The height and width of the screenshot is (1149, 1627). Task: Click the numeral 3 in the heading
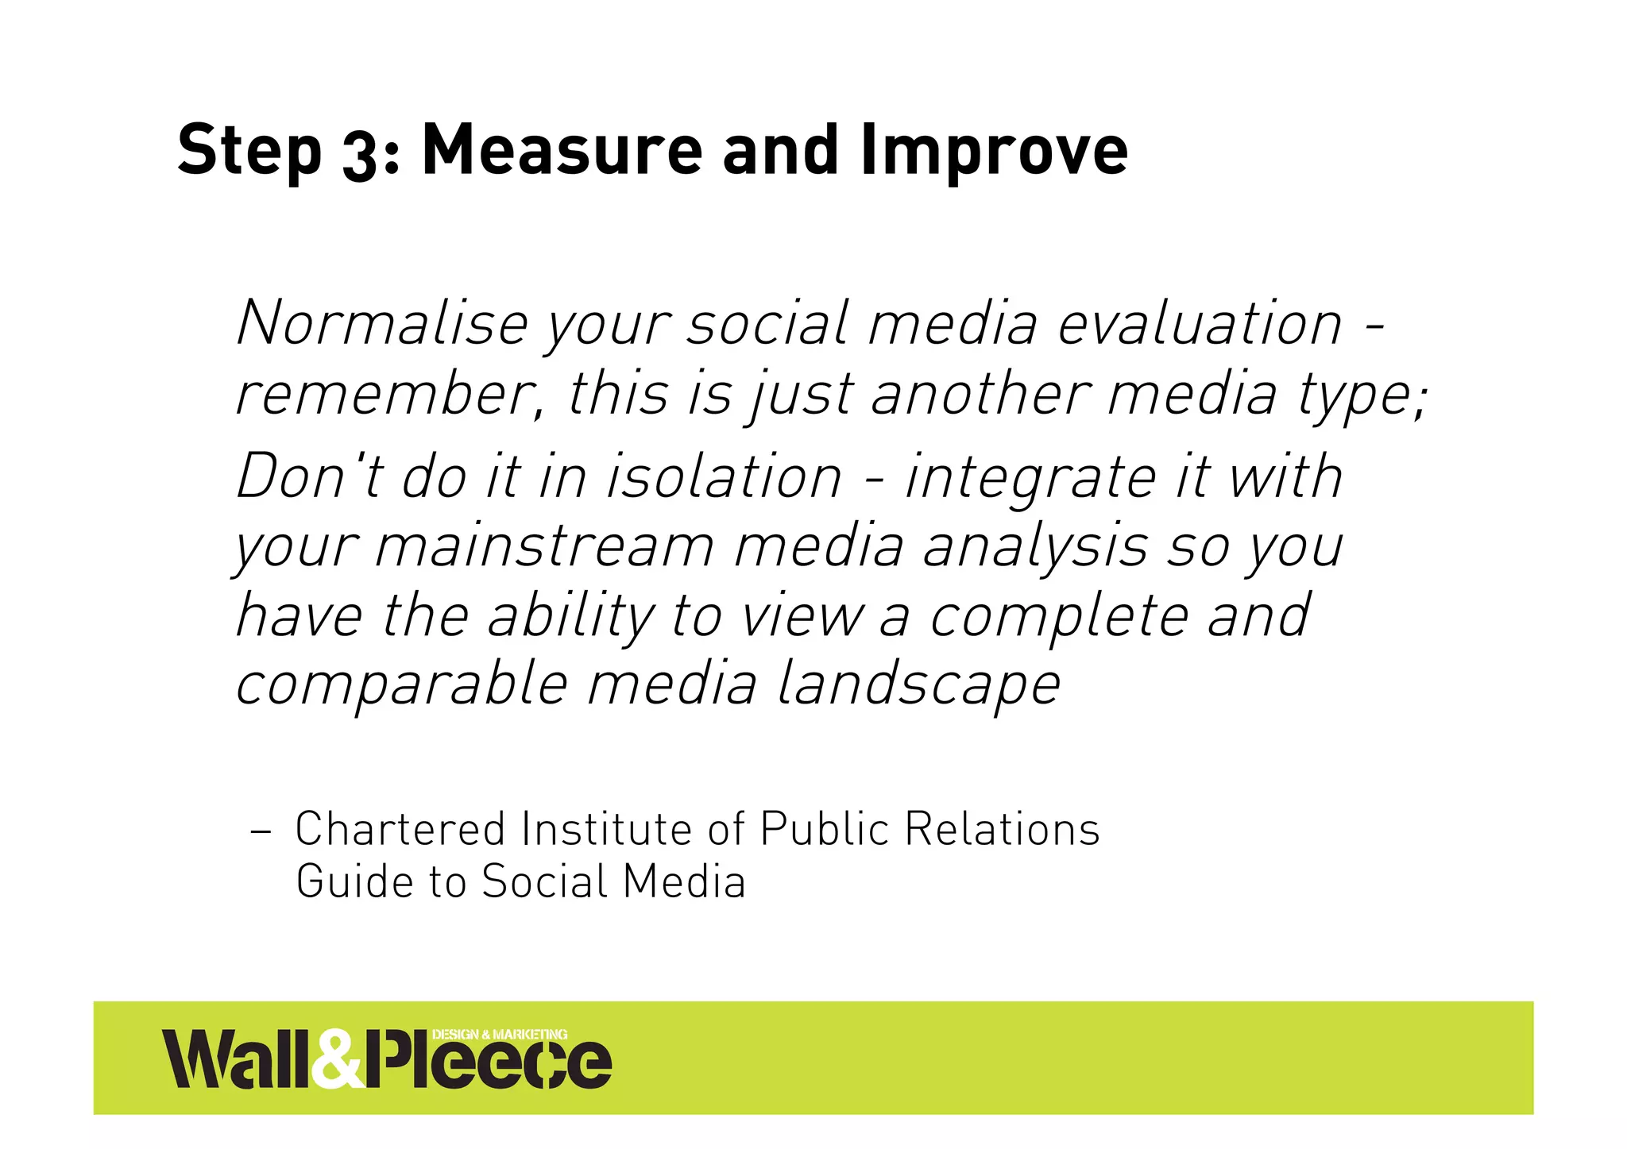tap(361, 153)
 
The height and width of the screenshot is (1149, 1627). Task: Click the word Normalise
tap(383, 323)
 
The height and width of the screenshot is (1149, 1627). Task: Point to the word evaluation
tap(1200, 323)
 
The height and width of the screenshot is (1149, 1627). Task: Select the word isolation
tap(724, 477)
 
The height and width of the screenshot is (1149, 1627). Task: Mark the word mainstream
tap(544, 546)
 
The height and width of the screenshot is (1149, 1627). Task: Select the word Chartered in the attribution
tap(400, 829)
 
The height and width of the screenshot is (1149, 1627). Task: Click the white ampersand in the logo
tap(336, 1059)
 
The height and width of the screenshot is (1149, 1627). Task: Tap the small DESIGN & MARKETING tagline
tap(500, 1034)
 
